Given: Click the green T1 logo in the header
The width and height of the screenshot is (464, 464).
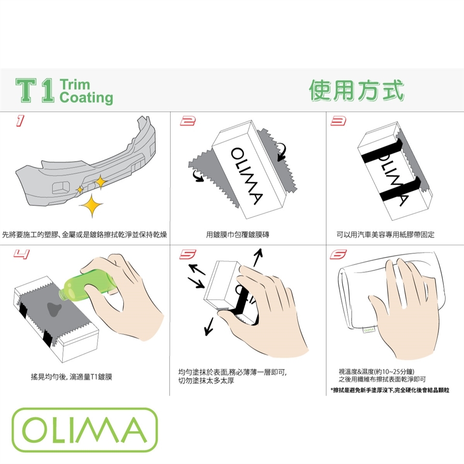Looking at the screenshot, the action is [x=35, y=90].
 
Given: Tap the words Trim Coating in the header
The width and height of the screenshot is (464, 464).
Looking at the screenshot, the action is [x=86, y=91].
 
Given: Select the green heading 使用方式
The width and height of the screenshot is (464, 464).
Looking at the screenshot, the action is [x=357, y=90].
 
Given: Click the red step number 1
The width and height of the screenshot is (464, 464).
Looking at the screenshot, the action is [x=20, y=121].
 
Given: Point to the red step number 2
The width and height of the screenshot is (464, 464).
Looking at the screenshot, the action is [x=188, y=121].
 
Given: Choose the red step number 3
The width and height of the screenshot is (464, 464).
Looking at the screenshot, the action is [x=338, y=121].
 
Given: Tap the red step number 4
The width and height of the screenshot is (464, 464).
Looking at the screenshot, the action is [x=22, y=254].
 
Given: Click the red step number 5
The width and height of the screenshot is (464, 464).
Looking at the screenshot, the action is [x=188, y=254].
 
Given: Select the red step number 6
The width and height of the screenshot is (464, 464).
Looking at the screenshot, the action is [x=338, y=254].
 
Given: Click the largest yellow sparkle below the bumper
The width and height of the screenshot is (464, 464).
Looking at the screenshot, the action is [x=91, y=205].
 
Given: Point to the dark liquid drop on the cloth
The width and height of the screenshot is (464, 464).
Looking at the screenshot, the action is [x=54, y=309].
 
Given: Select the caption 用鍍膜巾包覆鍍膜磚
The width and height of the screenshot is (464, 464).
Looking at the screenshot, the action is [x=238, y=235].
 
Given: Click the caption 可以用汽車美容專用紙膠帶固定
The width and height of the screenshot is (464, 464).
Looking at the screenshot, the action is [x=385, y=235].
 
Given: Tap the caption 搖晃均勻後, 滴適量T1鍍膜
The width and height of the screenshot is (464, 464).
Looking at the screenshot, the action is [x=72, y=377].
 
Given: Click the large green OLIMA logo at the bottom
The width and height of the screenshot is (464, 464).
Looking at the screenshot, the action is [x=85, y=430].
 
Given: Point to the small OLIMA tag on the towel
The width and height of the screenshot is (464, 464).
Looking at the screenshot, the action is [x=369, y=330].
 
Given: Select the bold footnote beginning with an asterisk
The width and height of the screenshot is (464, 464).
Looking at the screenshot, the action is [x=390, y=391].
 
